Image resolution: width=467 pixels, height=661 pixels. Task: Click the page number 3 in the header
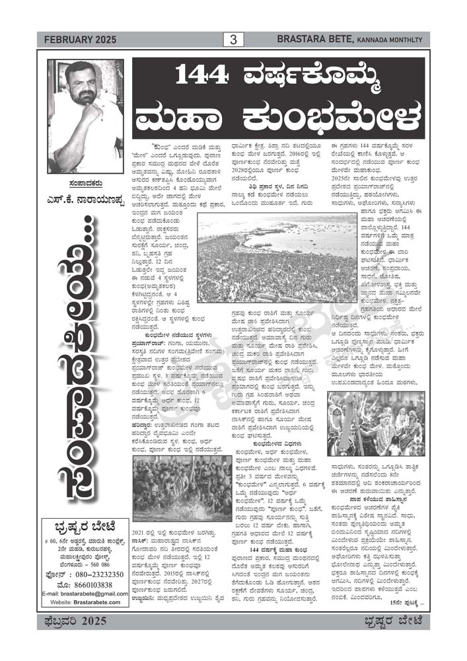coord(233,40)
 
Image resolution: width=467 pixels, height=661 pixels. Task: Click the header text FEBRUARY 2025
coord(80,40)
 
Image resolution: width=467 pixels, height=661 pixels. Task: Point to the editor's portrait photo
coord(85,116)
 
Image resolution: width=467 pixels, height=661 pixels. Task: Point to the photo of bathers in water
coord(172,487)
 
